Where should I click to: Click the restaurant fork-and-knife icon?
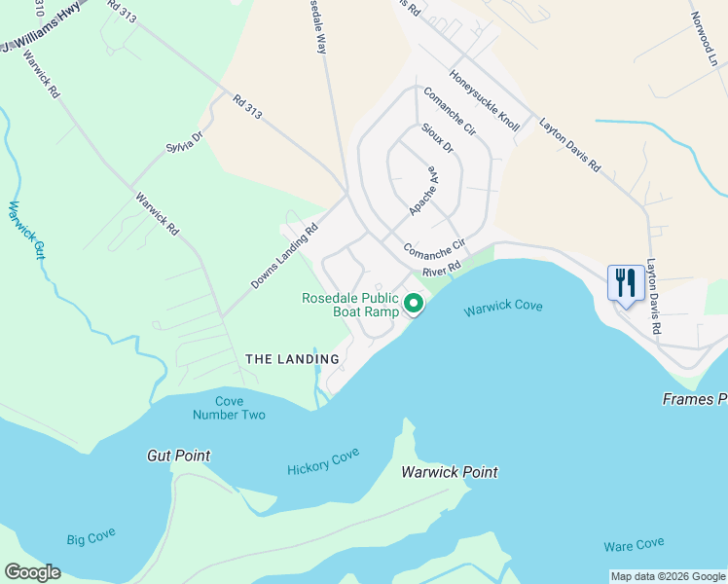click(623, 283)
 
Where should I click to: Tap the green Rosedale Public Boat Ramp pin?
click(414, 305)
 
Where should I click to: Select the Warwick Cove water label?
click(502, 309)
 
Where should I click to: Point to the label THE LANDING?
click(292, 359)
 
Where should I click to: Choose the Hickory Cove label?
click(323, 461)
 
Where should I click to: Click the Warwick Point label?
click(450, 472)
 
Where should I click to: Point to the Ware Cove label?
click(634, 544)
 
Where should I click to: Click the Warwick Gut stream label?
click(26, 230)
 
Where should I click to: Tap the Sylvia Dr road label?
click(182, 142)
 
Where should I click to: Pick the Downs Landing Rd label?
click(285, 257)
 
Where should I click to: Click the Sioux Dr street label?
click(437, 137)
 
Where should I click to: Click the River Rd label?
click(440, 273)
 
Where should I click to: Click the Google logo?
click(33, 572)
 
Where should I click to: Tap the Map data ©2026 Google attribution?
click(668, 576)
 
